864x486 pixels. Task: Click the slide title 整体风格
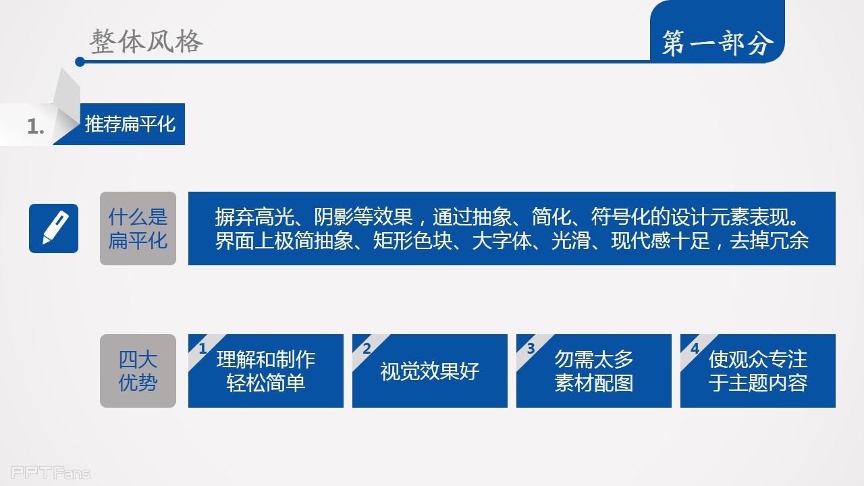146,41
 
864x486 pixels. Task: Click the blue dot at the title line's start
80,61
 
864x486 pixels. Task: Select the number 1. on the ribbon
36,126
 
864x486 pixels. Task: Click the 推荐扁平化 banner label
130,124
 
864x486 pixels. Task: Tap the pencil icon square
53,228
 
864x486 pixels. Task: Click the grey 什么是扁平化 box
138,228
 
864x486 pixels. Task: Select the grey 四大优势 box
138,371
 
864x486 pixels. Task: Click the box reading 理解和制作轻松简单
266,371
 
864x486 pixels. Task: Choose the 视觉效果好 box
430,371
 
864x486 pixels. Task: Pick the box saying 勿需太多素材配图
593,371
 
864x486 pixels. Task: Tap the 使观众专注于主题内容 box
758,371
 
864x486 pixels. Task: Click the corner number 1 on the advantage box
202,349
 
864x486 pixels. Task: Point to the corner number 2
367,349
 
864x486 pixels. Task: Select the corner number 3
531,349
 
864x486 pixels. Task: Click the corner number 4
695,349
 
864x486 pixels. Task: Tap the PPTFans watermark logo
51,473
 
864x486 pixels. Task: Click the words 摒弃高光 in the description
254,217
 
